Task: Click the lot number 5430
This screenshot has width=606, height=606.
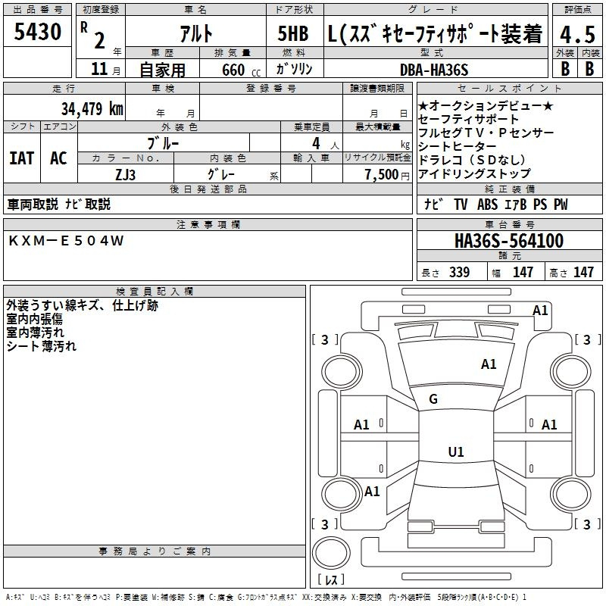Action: coord(37,32)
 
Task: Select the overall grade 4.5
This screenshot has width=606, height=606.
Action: coord(577,34)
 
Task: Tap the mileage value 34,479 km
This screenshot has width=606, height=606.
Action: coord(92,108)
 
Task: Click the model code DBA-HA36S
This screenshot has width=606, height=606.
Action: coord(434,70)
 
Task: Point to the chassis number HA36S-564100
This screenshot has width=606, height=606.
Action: coord(509,241)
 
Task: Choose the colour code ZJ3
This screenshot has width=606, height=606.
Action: coord(125,175)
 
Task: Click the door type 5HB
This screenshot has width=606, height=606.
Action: coord(293,33)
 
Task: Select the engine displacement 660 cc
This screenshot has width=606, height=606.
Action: coord(241,70)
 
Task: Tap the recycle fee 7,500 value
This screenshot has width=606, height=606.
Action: coord(382,174)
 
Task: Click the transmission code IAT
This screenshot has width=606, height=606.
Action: coord(22,158)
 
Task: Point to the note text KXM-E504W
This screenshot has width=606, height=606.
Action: coord(66,241)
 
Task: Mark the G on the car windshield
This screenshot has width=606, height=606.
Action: coord(433,399)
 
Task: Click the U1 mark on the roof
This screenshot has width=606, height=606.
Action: coord(456,451)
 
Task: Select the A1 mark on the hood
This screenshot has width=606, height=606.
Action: coord(489,364)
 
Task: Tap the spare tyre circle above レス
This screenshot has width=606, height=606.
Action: coord(331,553)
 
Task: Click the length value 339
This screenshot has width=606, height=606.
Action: coord(459,272)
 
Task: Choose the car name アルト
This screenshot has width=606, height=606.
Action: coord(196,33)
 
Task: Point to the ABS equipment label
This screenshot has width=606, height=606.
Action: coord(487,205)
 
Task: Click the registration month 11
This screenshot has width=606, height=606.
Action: coord(99,69)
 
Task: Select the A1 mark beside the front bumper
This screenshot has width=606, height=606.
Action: coord(540,311)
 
